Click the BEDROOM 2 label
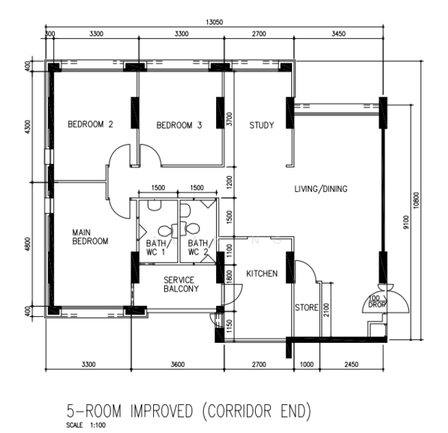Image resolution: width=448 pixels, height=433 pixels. tap(90, 124)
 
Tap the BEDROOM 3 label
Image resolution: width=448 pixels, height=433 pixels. tap(179, 126)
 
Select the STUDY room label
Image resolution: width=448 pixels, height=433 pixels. tap(262, 126)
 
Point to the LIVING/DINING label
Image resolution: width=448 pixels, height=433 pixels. tap(321, 188)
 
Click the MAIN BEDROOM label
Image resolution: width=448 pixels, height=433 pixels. tap(90, 237)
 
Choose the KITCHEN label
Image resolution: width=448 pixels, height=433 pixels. tap(262, 274)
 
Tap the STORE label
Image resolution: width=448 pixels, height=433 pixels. tap(306, 307)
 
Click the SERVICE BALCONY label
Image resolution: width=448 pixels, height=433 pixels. tap(181, 284)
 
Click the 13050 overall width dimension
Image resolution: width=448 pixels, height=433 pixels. tap(215, 22)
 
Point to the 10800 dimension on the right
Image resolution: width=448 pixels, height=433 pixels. tap(416, 201)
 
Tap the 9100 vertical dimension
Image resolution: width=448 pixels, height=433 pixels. tap(406, 222)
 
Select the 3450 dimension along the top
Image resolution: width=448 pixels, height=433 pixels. tap(339, 34)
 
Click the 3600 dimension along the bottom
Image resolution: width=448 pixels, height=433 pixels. tap(178, 364)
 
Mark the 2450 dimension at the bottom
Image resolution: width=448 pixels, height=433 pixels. tap(351, 364)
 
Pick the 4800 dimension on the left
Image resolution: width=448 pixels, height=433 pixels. tap(27, 245)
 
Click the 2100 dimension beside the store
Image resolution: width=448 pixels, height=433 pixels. tap(327, 310)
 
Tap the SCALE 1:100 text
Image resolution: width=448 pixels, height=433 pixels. tap(86, 425)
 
